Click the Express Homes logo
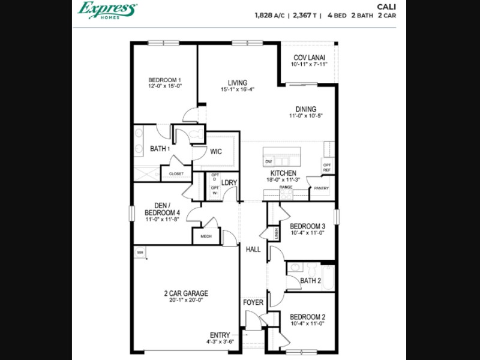click(x=107, y=10)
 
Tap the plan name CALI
click(x=386, y=7)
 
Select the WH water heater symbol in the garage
click(x=140, y=253)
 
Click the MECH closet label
click(x=206, y=236)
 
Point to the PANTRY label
click(x=321, y=188)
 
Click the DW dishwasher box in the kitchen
click(x=268, y=161)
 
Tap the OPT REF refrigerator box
click(x=327, y=167)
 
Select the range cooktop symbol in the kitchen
click(x=286, y=194)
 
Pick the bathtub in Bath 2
click(x=328, y=278)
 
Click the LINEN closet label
click(x=277, y=233)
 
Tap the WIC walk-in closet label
click(x=216, y=152)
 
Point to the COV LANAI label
click(x=309, y=58)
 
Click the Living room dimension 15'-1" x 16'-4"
click(x=238, y=89)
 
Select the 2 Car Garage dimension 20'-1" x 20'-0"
click(x=186, y=300)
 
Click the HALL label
click(x=253, y=250)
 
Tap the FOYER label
click(x=253, y=302)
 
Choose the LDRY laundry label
click(x=229, y=183)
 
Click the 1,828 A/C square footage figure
click(x=269, y=16)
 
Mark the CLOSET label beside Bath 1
click(x=176, y=174)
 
